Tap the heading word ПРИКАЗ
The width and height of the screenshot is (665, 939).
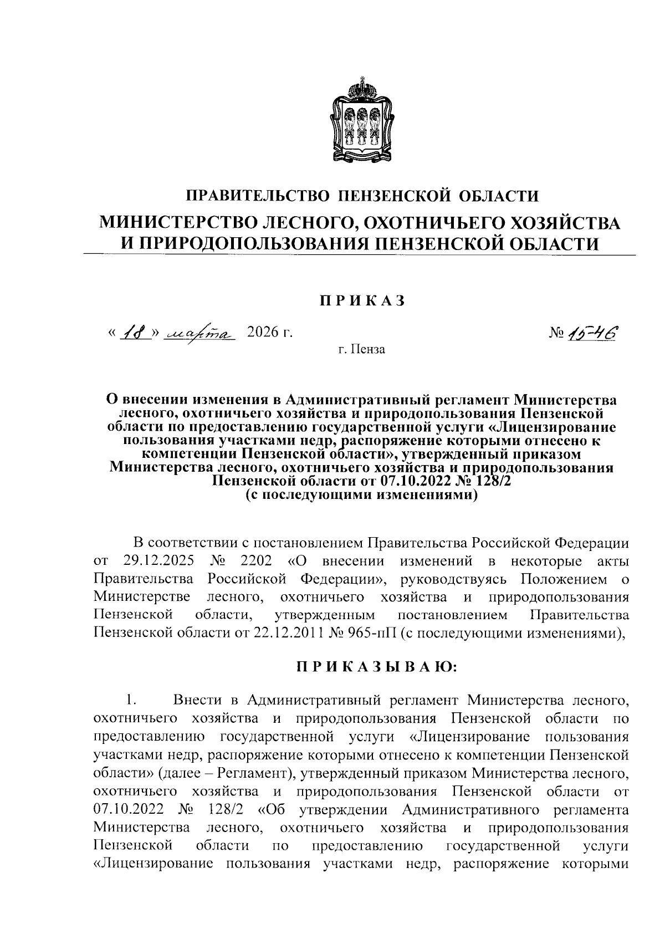(361, 300)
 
